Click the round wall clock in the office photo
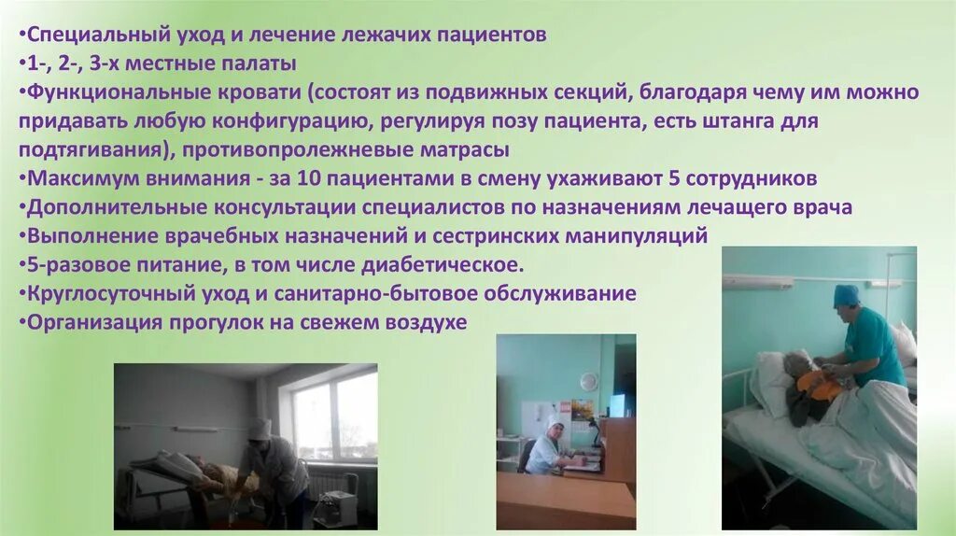588,381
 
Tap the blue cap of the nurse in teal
846,294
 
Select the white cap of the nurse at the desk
556,421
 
